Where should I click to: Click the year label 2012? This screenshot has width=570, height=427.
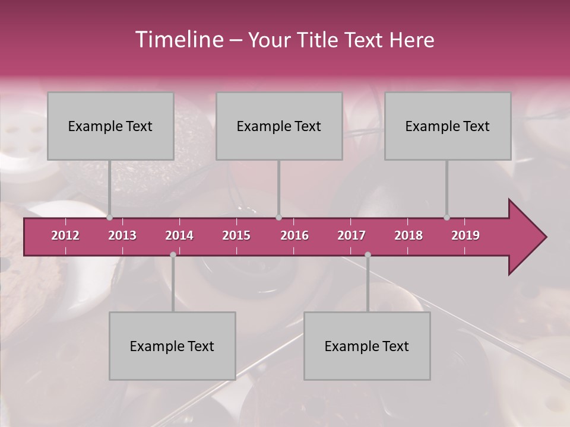click(x=65, y=235)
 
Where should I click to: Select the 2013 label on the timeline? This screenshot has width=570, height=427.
click(x=122, y=235)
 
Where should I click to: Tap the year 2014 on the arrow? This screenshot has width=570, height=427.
click(x=179, y=235)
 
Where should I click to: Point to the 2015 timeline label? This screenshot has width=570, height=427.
click(x=236, y=235)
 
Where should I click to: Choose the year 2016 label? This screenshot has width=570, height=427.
click(x=294, y=235)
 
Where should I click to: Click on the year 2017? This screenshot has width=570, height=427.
click(x=351, y=235)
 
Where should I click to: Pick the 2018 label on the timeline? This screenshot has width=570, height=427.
click(x=408, y=235)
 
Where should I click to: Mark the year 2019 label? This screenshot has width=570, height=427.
click(x=465, y=235)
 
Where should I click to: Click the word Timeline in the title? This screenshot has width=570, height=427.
click(x=178, y=40)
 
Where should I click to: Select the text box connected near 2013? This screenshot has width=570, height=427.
click(x=110, y=126)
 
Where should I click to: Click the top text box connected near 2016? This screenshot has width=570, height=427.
click(x=279, y=126)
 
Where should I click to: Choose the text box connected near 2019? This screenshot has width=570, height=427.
click(x=448, y=126)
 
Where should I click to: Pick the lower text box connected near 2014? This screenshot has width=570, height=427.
click(x=172, y=346)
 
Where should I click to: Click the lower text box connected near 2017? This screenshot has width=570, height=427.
click(x=367, y=346)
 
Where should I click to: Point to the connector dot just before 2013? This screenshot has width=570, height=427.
click(x=110, y=218)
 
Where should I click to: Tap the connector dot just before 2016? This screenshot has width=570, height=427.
click(x=279, y=218)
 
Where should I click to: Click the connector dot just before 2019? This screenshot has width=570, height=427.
click(x=447, y=218)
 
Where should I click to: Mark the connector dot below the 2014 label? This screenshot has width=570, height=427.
click(x=173, y=255)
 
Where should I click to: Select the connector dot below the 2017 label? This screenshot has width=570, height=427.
click(x=368, y=255)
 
